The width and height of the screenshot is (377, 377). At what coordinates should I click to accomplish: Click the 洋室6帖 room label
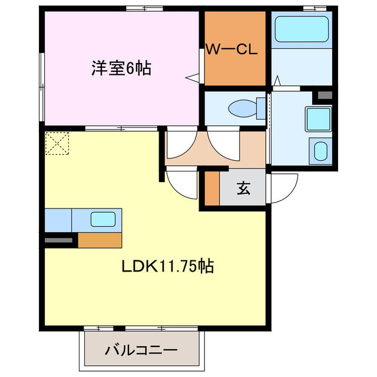(121, 68)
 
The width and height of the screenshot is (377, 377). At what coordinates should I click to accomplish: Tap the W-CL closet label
(231, 50)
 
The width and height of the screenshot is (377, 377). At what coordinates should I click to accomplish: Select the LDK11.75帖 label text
(167, 266)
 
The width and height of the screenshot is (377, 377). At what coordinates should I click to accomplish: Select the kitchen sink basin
(104, 219)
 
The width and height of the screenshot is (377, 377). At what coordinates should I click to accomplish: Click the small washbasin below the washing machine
(320, 151)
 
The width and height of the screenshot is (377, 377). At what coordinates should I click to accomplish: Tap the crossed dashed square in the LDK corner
(57, 143)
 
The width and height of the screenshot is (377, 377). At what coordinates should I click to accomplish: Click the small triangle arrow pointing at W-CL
(192, 77)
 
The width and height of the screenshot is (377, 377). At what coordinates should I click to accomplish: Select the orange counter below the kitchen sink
(100, 239)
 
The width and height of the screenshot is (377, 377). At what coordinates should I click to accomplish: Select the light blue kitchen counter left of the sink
(58, 220)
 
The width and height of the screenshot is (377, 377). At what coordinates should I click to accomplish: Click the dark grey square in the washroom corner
(325, 94)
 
